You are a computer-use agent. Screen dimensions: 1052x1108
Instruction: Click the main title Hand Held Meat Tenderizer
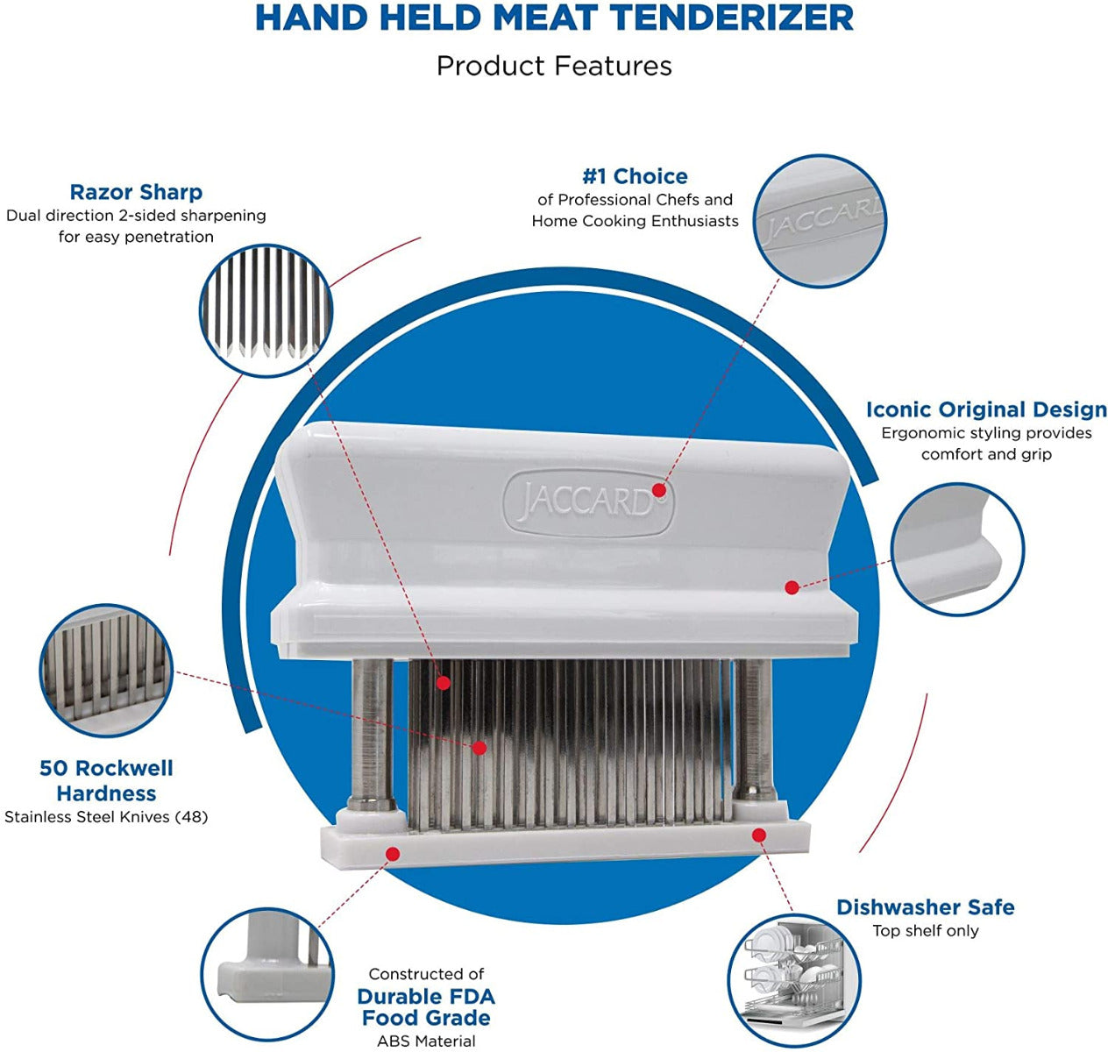pyautogui.click(x=554, y=18)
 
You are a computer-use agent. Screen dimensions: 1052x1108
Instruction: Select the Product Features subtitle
pyautogui.click(x=554, y=66)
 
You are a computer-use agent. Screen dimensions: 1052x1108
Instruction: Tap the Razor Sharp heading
pyautogui.click(x=136, y=192)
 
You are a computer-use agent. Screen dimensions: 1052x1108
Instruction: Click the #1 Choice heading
pyautogui.click(x=635, y=176)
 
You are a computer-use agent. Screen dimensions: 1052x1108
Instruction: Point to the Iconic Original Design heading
pyautogui.click(x=986, y=409)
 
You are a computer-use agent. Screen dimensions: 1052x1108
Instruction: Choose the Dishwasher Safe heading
pyautogui.click(x=925, y=907)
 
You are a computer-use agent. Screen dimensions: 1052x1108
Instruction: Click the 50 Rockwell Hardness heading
pyautogui.click(x=106, y=780)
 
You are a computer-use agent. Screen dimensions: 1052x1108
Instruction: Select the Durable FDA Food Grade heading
pyautogui.click(x=426, y=1007)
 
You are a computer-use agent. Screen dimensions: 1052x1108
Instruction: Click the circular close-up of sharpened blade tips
pyautogui.click(x=266, y=310)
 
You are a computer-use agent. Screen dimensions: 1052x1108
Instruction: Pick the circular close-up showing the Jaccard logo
pyautogui.click(x=820, y=221)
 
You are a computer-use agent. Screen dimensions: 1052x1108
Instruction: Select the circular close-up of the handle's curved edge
pyautogui.click(x=957, y=549)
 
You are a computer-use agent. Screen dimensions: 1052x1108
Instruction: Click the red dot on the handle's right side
pyautogui.click(x=791, y=586)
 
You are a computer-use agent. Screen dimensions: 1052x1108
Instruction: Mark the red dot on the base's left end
pyautogui.click(x=393, y=853)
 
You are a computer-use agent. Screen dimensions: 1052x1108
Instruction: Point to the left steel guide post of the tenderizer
pyautogui.click(x=372, y=732)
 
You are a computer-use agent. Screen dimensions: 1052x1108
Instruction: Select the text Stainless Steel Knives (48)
pyautogui.click(x=106, y=817)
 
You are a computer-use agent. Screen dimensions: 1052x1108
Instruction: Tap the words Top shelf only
pyautogui.click(x=925, y=931)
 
